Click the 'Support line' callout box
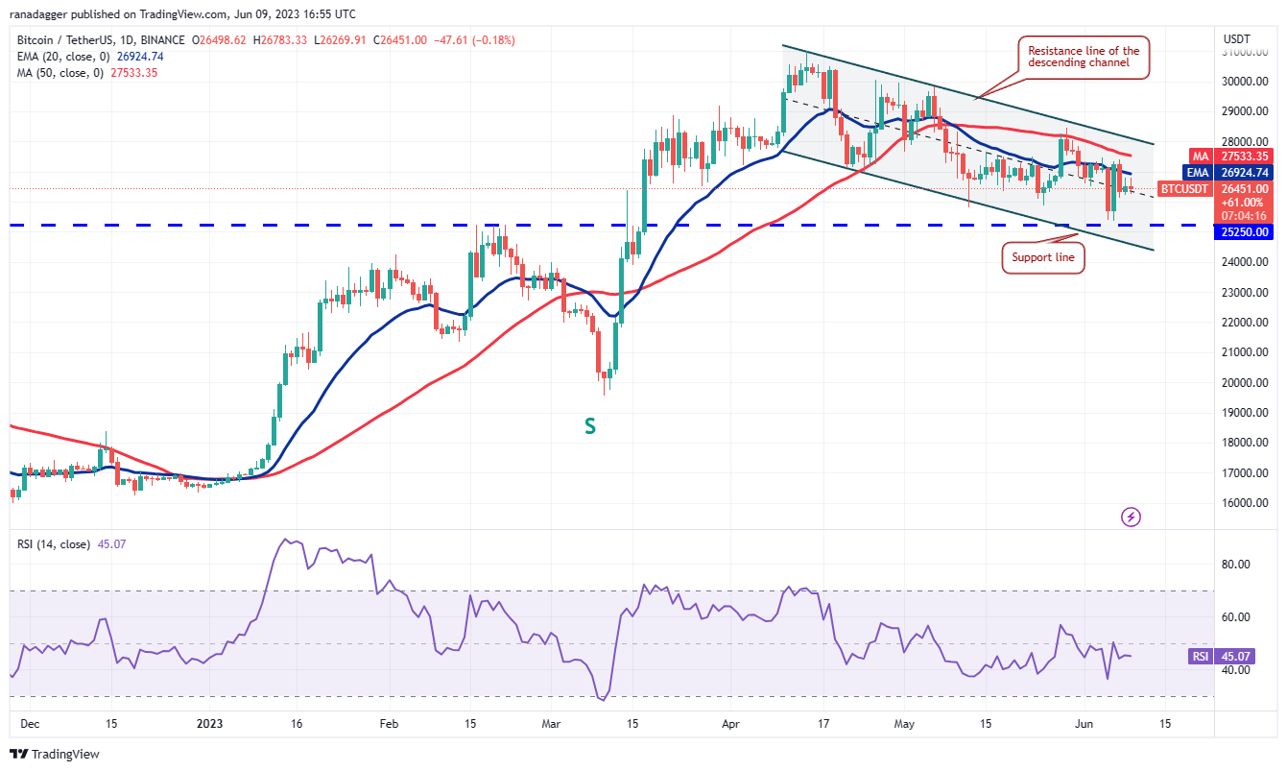pyautogui.click(x=1043, y=257)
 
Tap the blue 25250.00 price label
pyautogui.click(x=1245, y=232)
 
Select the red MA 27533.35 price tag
pyautogui.click(x=1244, y=156)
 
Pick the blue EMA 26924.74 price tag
pyautogui.click(x=1244, y=173)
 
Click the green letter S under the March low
pyautogui.click(x=590, y=426)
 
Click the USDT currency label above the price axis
pyautogui.click(x=1236, y=38)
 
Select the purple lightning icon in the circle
pyautogui.click(x=1132, y=518)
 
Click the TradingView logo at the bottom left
pyautogui.click(x=55, y=754)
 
